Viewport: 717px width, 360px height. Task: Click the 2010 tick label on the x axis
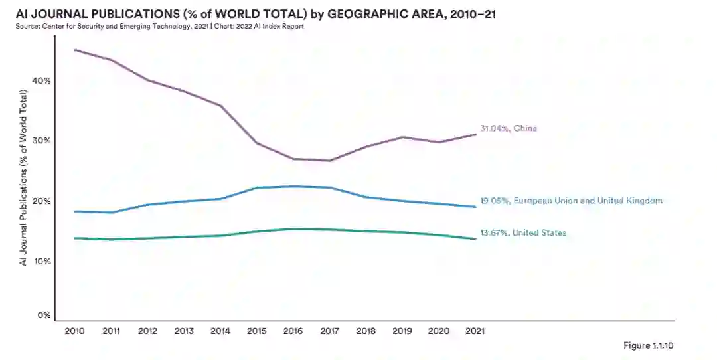(x=74, y=330)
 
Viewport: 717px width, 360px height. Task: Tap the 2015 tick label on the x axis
(x=257, y=330)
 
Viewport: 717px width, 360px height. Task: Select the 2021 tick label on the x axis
(x=475, y=330)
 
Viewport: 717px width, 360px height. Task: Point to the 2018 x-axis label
(x=366, y=330)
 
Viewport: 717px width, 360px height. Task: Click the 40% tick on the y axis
(x=42, y=81)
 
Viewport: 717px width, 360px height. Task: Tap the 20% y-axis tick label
(x=42, y=201)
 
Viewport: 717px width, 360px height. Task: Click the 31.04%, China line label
(x=508, y=128)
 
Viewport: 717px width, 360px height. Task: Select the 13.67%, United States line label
(x=522, y=233)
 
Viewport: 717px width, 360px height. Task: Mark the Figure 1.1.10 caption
(x=649, y=345)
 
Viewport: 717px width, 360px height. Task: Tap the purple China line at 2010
(x=74, y=50)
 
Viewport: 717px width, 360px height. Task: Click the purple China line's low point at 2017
(x=330, y=161)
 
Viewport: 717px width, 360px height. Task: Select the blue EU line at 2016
(x=293, y=187)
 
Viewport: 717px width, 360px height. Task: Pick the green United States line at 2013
(x=184, y=237)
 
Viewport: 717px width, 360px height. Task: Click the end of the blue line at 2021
(x=475, y=207)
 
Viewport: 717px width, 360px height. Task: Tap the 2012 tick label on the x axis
(x=147, y=330)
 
